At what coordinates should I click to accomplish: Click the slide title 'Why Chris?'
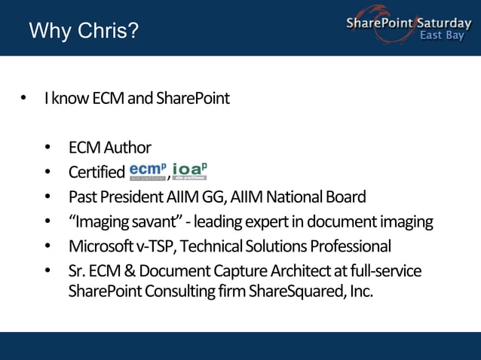pos(84,32)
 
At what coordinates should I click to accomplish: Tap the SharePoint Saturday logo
pos(408,24)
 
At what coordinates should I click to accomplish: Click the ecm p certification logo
pos(147,171)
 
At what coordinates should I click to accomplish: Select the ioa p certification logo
pos(189,171)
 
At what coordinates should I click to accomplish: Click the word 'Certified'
pos(97,172)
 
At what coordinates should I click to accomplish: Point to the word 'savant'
pos(156,221)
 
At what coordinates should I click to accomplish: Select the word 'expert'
pos(271,222)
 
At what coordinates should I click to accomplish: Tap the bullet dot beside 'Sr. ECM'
pos(48,270)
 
